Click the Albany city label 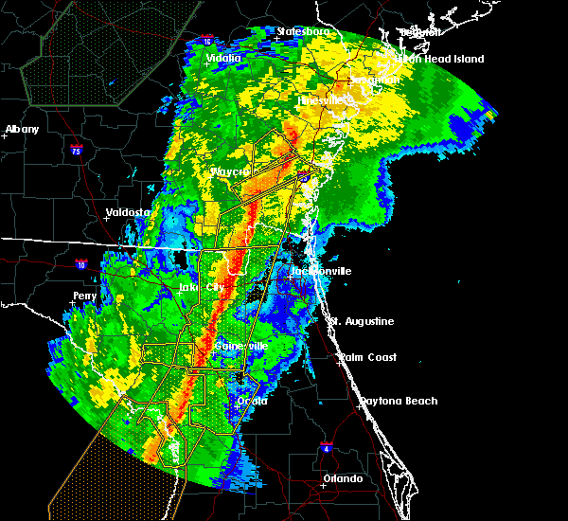24,129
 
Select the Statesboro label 303,31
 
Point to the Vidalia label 223,58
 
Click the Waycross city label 230,171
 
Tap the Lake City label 203,287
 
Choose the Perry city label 84,296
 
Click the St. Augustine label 362,321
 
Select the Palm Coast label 369,357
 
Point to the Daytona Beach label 398,401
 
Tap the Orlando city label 342,478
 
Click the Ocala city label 253,401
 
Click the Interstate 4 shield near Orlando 327,445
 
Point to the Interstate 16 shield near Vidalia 206,40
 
